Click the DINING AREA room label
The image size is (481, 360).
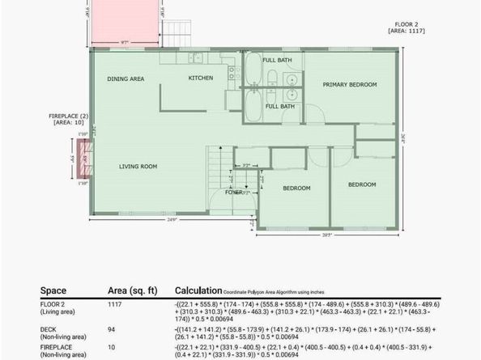click(x=126, y=78)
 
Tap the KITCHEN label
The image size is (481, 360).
click(x=200, y=78)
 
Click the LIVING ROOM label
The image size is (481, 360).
click(x=138, y=167)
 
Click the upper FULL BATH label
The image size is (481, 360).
click(x=277, y=60)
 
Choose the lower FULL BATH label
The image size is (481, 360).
click(x=279, y=106)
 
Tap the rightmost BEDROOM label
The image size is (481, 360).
click(x=362, y=184)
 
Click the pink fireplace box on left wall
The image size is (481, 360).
click(x=83, y=157)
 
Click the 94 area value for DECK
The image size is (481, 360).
click(x=113, y=328)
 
